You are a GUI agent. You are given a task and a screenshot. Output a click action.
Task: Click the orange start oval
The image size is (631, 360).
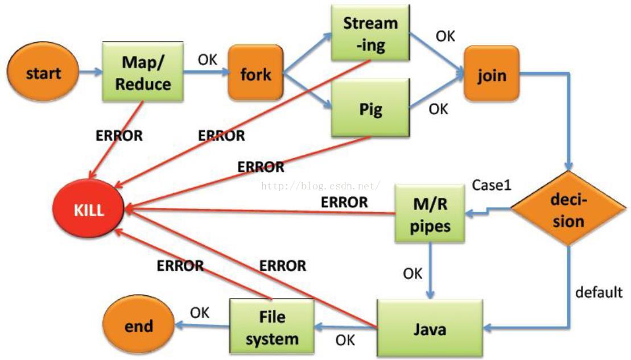click(43, 72)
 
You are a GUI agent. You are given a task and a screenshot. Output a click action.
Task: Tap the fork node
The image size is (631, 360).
click(255, 74)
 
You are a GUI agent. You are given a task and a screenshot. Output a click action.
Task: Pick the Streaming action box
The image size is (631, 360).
click(370, 34)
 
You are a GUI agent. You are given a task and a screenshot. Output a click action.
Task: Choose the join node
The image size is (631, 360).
click(491, 75)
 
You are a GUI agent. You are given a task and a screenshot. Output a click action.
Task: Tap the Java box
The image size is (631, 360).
click(430, 329)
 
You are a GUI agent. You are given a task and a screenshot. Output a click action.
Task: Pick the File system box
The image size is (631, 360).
click(272, 328)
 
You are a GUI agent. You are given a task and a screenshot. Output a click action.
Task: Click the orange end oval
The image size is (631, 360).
click(139, 325)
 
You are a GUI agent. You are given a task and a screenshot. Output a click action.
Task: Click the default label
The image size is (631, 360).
click(599, 292)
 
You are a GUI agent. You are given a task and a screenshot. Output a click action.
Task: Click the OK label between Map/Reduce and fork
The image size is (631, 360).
click(208, 59)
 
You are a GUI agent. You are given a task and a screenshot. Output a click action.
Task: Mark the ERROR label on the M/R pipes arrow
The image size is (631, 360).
click(344, 202)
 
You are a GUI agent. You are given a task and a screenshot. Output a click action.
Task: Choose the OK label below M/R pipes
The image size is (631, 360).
click(413, 274)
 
